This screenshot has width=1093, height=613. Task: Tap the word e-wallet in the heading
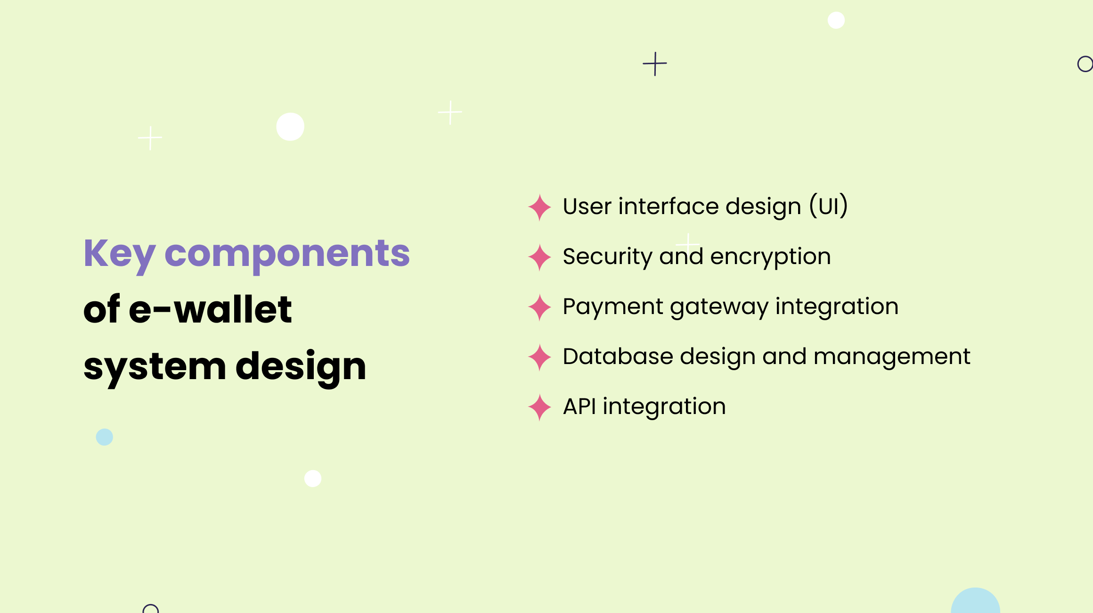pyautogui.click(x=210, y=310)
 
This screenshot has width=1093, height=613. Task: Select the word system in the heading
pyautogui.click(x=155, y=367)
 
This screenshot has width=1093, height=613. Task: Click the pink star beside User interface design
pyautogui.click(x=539, y=207)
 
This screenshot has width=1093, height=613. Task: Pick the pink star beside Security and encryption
pyautogui.click(x=539, y=257)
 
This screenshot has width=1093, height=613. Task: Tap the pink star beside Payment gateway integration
pyautogui.click(x=539, y=307)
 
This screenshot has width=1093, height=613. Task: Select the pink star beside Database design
pyautogui.click(x=539, y=357)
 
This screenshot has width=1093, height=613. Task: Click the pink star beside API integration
pyautogui.click(x=539, y=407)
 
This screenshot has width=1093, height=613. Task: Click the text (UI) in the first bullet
pyautogui.click(x=829, y=206)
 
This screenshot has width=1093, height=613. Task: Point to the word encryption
pyautogui.click(x=770, y=257)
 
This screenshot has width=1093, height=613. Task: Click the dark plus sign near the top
pyautogui.click(x=655, y=64)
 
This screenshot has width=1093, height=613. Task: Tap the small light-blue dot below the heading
pyautogui.click(x=104, y=437)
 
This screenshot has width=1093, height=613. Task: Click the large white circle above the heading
pyautogui.click(x=290, y=126)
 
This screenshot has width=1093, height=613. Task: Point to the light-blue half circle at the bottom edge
pyautogui.click(x=975, y=602)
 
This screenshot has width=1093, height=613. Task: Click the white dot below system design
pyautogui.click(x=313, y=478)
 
